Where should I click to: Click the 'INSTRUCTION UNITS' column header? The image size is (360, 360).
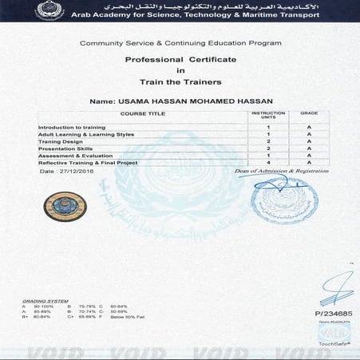tap(268, 116)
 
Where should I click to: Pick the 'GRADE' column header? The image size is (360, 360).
tap(309, 113)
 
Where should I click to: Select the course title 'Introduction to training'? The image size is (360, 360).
tap(69, 127)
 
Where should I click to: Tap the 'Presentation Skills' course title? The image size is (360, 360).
tap(63, 148)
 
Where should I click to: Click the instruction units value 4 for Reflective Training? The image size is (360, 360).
tap(268, 162)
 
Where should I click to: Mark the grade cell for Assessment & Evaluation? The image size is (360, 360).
tap(309, 155)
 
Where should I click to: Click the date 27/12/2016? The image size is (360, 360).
tap(60, 171)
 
